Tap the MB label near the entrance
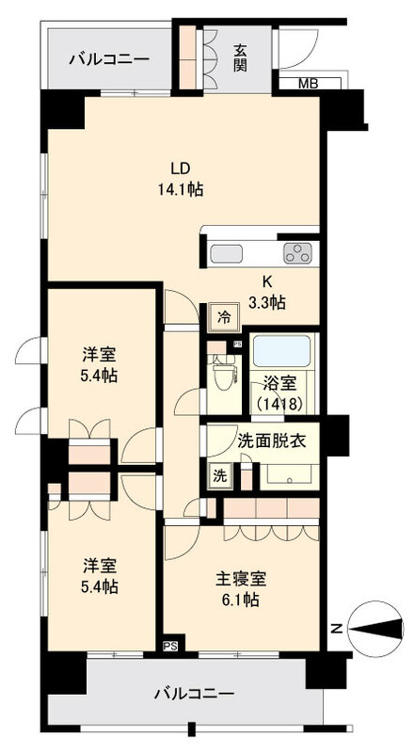[x=308, y=84]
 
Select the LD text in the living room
[x=181, y=168]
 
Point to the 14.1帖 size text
[x=182, y=188]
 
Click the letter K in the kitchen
[x=267, y=281]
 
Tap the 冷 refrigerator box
[x=224, y=316]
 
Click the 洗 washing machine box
[x=218, y=475]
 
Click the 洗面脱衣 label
[x=271, y=441]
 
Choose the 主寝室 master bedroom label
[x=239, y=577]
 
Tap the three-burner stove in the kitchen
[x=299, y=252]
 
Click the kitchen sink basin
[x=227, y=253]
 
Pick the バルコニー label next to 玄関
[x=109, y=58]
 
